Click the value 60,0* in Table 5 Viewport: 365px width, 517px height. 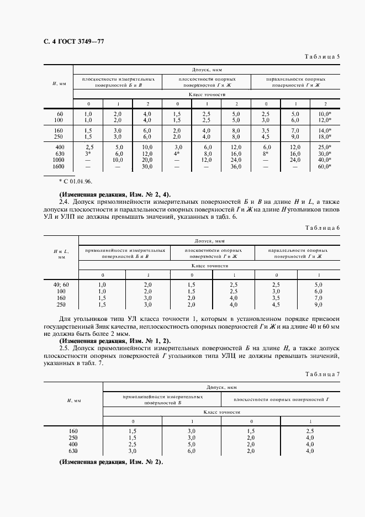click(324, 166)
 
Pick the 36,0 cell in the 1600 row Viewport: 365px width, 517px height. click(236, 166)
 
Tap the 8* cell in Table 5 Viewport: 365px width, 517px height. click(266, 154)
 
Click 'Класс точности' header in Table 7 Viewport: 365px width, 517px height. click(223, 412)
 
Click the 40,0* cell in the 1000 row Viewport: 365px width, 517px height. click(324, 160)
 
